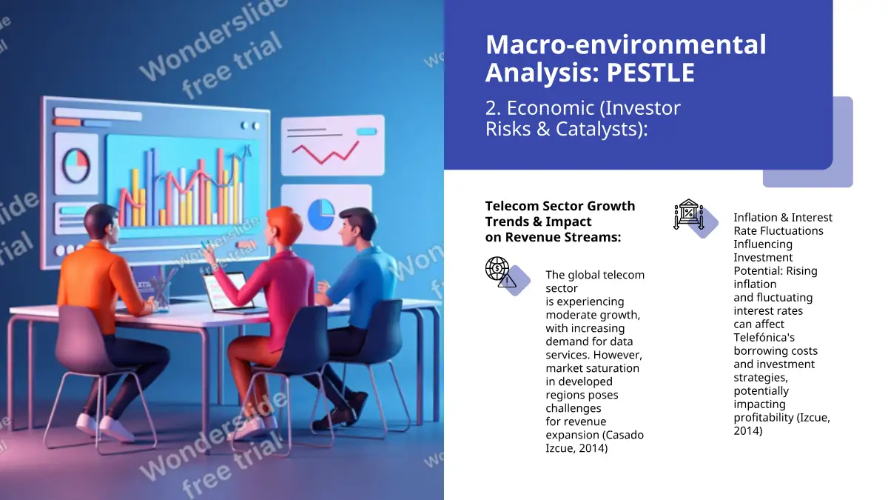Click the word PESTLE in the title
[x=650, y=73]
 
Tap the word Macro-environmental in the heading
[x=625, y=44]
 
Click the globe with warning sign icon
[x=501, y=272]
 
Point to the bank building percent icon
[x=689, y=214]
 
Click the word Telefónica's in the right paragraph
[x=764, y=337]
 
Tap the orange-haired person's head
[x=283, y=226]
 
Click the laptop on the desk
[x=230, y=293]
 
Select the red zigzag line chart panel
[x=332, y=145]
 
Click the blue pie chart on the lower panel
[x=321, y=214]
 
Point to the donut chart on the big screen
[x=75, y=164]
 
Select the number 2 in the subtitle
[x=491, y=108]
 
